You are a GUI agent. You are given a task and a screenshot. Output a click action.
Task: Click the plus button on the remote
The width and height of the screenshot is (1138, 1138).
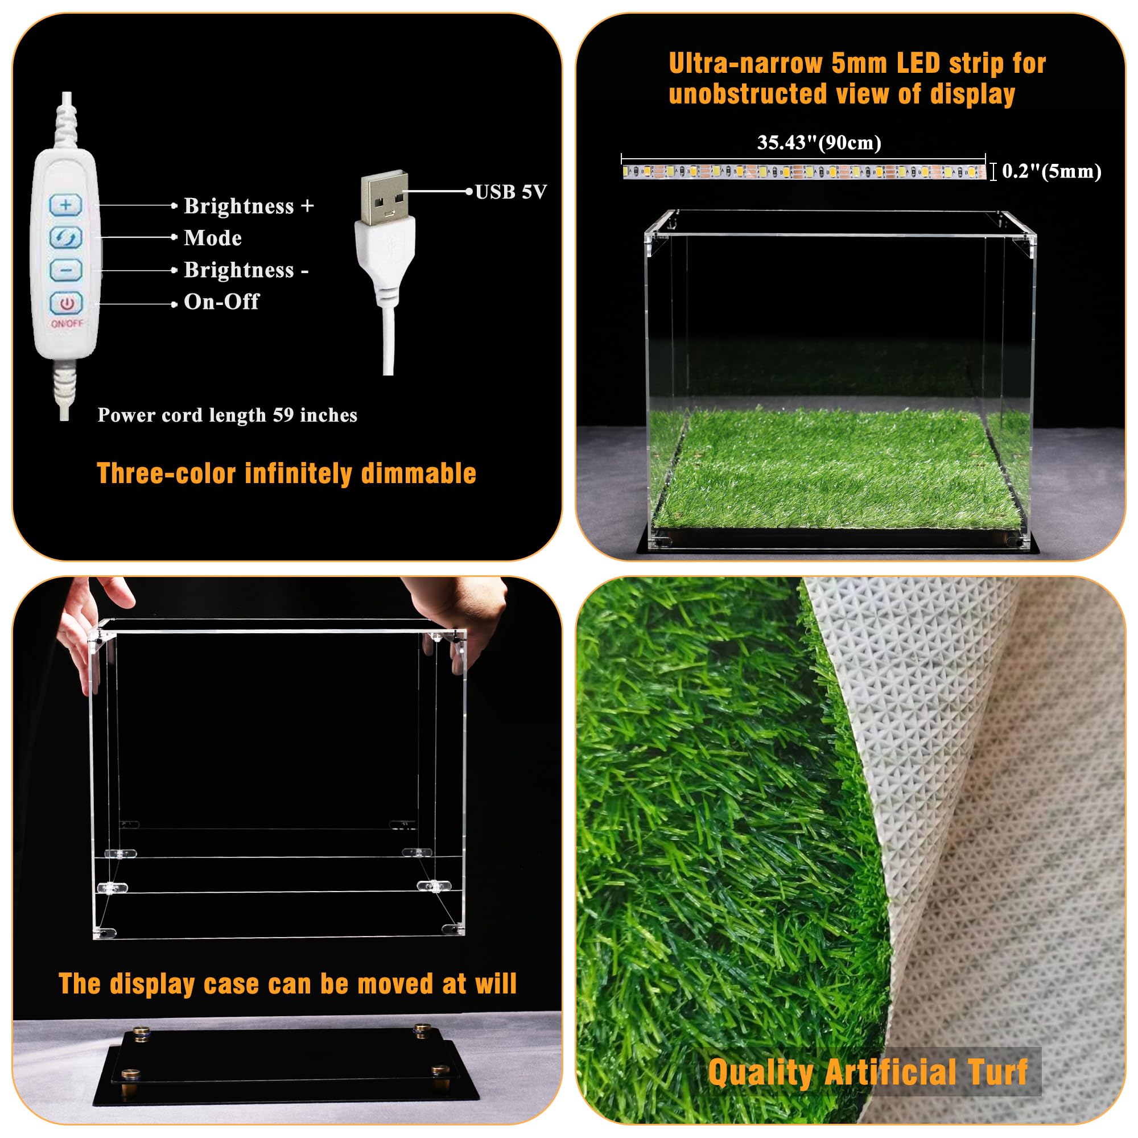[x=66, y=205]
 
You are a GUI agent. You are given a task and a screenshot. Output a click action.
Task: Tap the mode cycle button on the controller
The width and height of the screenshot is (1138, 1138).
[x=66, y=237]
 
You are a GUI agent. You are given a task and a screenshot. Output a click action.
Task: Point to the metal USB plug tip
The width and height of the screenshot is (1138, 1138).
[x=384, y=197]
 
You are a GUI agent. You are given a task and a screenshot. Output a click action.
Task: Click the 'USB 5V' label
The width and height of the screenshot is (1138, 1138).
[x=511, y=191]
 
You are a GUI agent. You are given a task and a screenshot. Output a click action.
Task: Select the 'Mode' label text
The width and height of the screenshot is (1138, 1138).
[x=213, y=238]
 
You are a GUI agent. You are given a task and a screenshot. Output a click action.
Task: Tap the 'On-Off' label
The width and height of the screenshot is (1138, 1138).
[x=221, y=302]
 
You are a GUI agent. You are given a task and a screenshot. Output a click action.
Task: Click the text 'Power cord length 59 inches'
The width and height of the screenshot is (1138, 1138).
[x=228, y=415]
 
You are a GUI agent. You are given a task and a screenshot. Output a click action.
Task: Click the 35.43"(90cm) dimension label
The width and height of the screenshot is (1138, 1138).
[x=819, y=143]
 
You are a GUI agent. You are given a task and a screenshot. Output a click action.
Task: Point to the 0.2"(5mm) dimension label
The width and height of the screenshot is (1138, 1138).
[x=1052, y=171]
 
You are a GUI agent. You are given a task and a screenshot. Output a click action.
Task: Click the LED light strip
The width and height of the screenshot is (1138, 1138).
[x=804, y=172]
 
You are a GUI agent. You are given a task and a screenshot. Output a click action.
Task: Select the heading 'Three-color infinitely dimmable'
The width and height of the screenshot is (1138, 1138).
[x=286, y=473]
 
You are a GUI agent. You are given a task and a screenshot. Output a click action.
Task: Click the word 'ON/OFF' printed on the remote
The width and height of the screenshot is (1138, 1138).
[x=67, y=323]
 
